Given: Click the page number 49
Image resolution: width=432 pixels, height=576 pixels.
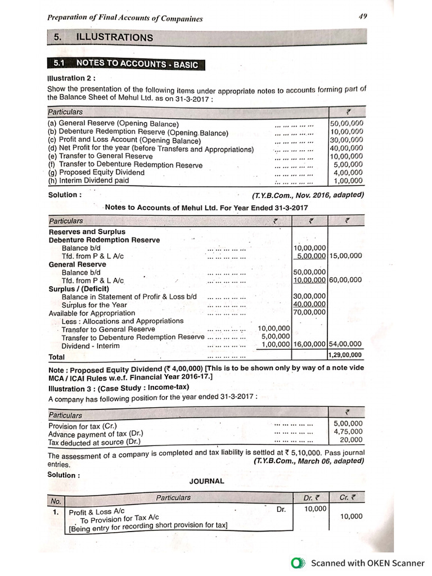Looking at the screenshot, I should coord(362,16).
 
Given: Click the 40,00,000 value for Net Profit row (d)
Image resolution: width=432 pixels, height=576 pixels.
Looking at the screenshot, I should coord(346,148).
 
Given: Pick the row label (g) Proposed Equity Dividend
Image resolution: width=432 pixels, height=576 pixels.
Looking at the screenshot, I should coord(96,173).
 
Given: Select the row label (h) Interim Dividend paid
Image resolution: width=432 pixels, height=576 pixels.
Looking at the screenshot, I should coord(88,181).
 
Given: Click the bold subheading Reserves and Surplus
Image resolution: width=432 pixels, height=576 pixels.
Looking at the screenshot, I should coord(87,232).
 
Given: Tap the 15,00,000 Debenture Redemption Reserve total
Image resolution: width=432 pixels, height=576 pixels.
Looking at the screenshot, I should coord(345,256).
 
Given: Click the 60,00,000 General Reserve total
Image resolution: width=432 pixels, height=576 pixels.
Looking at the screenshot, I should coord(345,280).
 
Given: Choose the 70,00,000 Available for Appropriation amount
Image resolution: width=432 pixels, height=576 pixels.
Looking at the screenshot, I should coord(309,312).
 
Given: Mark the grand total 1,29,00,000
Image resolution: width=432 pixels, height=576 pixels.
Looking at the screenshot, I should coord(345,355).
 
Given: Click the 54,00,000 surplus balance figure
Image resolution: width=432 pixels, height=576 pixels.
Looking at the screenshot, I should coord(345,344).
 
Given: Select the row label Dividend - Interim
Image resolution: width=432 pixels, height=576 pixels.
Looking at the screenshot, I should coord(91,346).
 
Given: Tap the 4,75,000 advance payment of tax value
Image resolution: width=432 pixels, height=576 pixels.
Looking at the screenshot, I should coord(348,433).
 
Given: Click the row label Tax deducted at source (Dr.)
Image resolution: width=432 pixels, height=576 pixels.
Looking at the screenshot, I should coord(94,442).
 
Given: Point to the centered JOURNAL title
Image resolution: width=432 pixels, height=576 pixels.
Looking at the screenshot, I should coord(206,481).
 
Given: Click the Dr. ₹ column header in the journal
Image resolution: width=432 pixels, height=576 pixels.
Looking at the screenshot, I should coord(311,498).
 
